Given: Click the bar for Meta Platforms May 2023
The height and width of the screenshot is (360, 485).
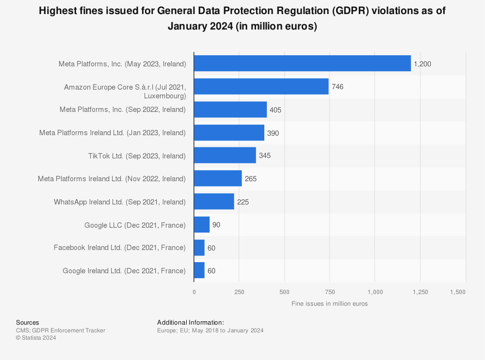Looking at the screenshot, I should pyautogui.click(x=302, y=63).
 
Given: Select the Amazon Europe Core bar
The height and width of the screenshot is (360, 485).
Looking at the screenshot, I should pyautogui.click(x=261, y=87).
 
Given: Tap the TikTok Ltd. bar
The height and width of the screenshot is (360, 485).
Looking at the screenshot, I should pyautogui.click(x=225, y=156).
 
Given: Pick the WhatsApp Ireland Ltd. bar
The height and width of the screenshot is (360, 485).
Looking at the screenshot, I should pyautogui.click(x=214, y=202).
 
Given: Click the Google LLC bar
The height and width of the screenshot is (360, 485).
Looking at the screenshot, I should pyautogui.click(x=202, y=225).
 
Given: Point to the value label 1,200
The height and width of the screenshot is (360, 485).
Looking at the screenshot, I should pyautogui.click(x=422, y=64).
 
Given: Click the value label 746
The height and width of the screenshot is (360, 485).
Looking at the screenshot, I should pyautogui.click(x=338, y=87).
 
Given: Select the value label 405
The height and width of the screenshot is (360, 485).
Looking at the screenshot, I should pyautogui.click(x=275, y=110).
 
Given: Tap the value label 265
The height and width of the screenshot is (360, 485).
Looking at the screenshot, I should pyautogui.click(x=251, y=179).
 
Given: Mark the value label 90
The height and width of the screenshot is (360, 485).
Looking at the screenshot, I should pyautogui.click(x=216, y=225).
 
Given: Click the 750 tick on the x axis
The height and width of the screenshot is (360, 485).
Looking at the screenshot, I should pyautogui.click(x=330, y=292).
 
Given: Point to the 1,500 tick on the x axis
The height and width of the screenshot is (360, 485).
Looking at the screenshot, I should pyautogui.click(x=457, y=292).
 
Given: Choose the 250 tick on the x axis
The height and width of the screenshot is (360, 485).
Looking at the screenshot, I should pyautogui.click(x=239, y=292).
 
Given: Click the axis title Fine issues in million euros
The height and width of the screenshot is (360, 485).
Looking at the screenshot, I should pyautogui.click(x=329, y=304).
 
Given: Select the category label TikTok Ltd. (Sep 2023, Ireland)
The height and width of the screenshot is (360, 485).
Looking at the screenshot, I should pyautogui.click(x=137, y=156).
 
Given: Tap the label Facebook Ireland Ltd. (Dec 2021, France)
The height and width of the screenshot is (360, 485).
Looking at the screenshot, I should pyautogui.click(x=120, y=248).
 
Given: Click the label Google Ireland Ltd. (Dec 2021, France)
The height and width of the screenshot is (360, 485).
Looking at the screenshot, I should pyautogui.click(x=124, y=271).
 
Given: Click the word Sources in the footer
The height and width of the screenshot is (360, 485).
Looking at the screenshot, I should pyautogui.click(x=28, y=323).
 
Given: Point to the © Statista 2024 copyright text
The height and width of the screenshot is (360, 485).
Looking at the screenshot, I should pyautogui.click(x=36, y=338).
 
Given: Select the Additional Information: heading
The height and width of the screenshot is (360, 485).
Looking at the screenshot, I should pyautogui.click(x=190, y=323).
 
